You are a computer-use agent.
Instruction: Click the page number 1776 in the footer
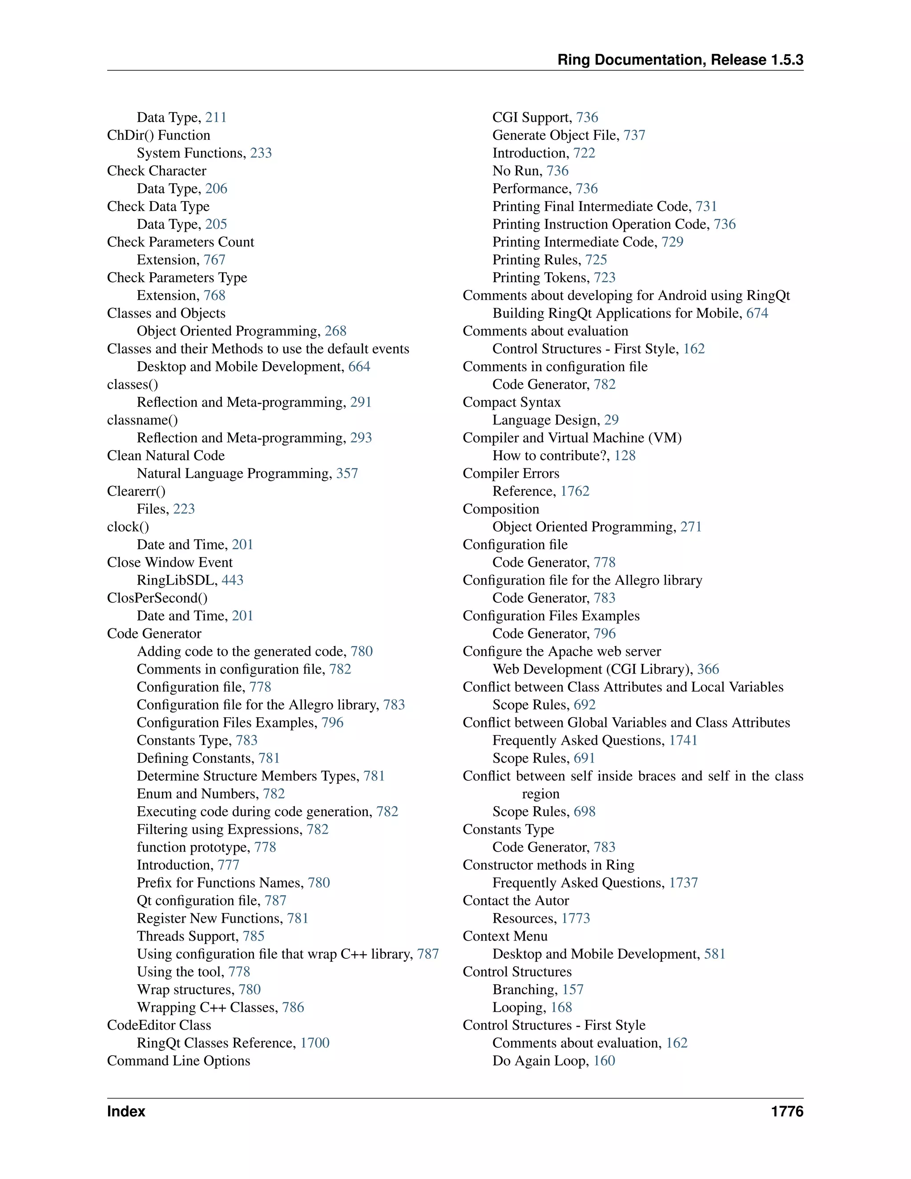[787, 1111]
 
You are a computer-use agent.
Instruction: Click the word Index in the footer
[126, 1111]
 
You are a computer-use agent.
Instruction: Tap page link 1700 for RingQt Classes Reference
[314, 1043]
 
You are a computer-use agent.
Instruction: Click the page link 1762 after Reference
[575, 491]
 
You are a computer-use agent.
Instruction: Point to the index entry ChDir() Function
[159, 135]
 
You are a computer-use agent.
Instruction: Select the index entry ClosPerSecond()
[157, 598]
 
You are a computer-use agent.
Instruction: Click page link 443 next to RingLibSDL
[233, 580]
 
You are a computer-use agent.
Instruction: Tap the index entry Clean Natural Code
[165, 456]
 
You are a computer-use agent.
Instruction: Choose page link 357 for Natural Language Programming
[347, 473]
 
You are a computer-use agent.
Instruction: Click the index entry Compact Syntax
[512, 402]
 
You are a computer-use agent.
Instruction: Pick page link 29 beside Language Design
[612, 420]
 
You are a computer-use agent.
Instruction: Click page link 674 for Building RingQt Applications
[757, 313]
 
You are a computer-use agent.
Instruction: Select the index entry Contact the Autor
[516, 900]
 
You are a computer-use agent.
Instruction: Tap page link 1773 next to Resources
[576, 918]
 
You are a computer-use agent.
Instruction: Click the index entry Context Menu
[505, 936]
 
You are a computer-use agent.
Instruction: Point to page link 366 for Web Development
[708, 670]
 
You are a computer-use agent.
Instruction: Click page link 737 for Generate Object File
[635, 135]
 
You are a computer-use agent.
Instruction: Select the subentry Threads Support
[187, 936]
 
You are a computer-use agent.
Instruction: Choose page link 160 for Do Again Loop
[605, 1061]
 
